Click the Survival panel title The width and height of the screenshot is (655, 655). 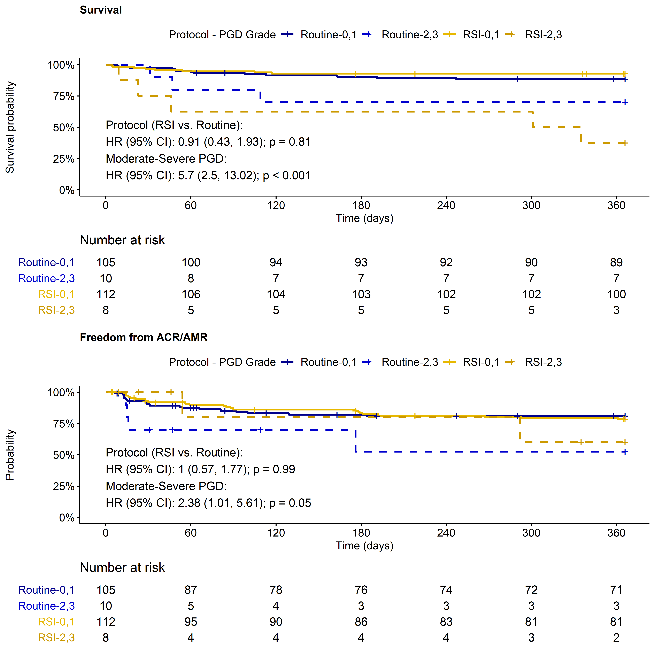click(101, 10)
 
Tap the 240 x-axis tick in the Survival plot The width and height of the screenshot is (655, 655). click(446, 205)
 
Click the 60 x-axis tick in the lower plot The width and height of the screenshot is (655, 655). click(191, 533)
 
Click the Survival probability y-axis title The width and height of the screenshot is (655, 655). click(10, 127)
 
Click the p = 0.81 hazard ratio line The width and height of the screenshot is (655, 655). click(208, 142)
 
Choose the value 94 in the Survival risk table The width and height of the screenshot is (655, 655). click(276, 262)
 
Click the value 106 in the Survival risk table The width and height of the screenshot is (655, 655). click(191, 294)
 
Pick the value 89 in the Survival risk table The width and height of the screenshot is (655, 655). click(616, 262)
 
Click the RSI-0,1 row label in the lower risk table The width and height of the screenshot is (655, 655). click(56, 622)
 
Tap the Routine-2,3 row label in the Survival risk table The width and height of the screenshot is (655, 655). click(46, 278)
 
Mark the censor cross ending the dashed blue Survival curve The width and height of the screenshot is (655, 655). click(625, 102)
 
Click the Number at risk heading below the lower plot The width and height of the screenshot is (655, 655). click(122, 568)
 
